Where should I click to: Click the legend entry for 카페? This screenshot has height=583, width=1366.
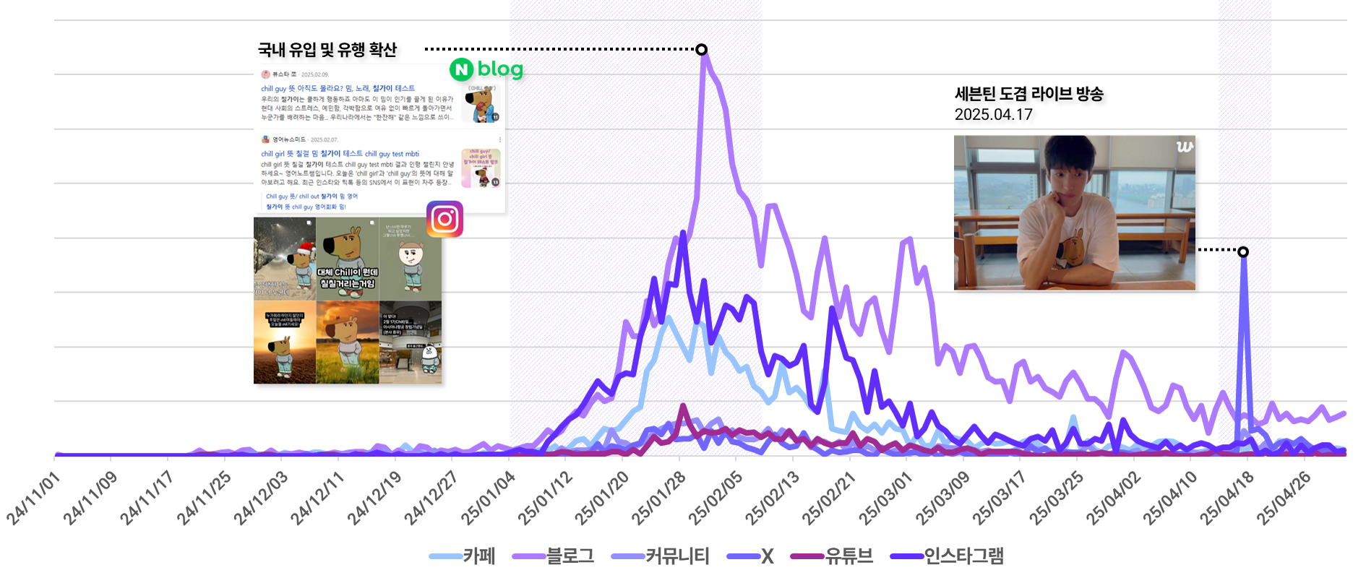[x=463, y=556]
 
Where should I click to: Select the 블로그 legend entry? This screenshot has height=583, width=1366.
[x=553, y=556]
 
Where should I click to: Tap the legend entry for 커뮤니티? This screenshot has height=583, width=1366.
[x=660, y=556]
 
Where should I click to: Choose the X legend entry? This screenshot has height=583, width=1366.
[x=751, y=556]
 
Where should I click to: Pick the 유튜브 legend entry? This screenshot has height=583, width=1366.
[x=832, y=556]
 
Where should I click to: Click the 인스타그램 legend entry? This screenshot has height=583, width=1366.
[x=947, y=556]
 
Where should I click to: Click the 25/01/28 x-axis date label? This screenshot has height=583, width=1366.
[x=658, y=498]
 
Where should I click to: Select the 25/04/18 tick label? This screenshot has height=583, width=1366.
[x=1227, y=498]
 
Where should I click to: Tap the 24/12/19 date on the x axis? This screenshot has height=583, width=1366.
[x=374, y=498]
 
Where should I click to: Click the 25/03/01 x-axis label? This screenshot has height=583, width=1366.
[x=885, y=498]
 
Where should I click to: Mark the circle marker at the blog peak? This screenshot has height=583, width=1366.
[x=701, y=49]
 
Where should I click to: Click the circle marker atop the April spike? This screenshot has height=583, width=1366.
[x=1242, y=251]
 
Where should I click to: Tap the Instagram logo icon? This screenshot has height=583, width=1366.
[x=444, y=219]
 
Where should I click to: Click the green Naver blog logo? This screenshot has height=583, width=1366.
[x=486, y=69]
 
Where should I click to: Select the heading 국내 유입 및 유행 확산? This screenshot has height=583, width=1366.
[x=327, y=49]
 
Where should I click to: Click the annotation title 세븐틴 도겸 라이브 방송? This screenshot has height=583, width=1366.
[x=1028, y=94]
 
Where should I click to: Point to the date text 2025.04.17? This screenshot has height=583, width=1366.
[x=993, y=114]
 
